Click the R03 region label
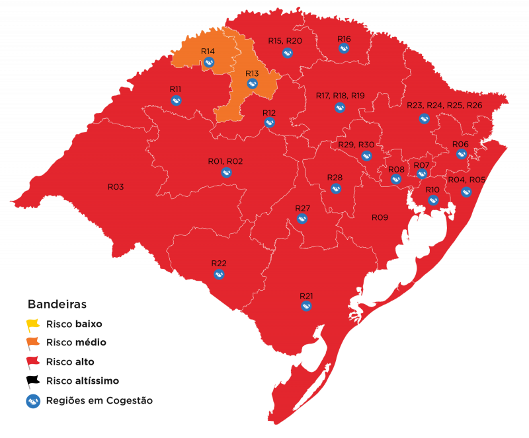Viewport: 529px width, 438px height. coord(116,187)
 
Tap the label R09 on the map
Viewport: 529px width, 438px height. coord(380,217)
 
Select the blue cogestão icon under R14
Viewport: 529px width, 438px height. coord(209,62)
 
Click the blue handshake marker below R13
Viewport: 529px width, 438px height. coord(252,84)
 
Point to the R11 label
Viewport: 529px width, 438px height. coord(175,89)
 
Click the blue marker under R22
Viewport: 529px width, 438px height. coord(220,274)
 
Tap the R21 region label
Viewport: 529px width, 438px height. coord(306,295)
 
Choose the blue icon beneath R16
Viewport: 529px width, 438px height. coord(344,50)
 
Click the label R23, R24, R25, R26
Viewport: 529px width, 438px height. coord(444,106)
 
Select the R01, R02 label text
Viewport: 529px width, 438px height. coord(225,161)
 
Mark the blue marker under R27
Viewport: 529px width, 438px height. coord(302,219)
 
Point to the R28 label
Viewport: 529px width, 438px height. coord(335,178)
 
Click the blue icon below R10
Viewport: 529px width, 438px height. coord(432,200)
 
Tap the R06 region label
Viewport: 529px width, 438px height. coord(460,144)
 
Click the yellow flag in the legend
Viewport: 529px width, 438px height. coord(33,325)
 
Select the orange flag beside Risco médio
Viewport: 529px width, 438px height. coord(33,343)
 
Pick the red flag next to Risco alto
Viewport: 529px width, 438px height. coord(33,361)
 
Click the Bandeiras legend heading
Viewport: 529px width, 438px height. coord(57,305)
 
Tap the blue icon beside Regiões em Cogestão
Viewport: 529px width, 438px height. coord(33,400)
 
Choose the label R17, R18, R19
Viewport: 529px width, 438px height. coord(340,96)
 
